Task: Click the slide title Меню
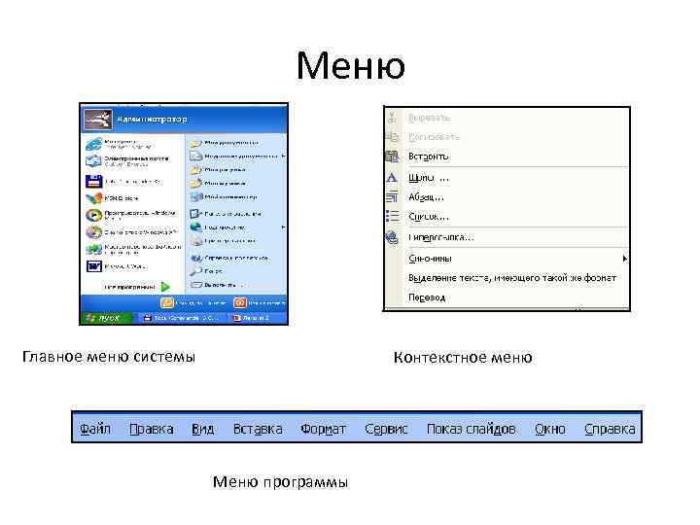coord(351,66)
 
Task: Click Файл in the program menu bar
coord(94,429)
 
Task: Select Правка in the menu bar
coord(151,429)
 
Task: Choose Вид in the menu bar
coord(202,429)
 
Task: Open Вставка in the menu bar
coord(258,429)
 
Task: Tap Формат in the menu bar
coord(323,429)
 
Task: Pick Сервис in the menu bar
coord(386,429)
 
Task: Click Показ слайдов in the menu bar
coord(471,429)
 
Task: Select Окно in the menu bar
coord(549,429)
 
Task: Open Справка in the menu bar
coord(610,429)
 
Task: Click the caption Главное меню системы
coord(108,357)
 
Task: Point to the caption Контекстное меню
coord(463,357)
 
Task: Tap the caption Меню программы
coord(280,482)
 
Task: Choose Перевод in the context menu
coord(428,297)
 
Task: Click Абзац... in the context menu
coord(427,196)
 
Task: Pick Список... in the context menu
coord(429,216)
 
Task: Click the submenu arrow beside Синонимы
coord(624,259)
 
